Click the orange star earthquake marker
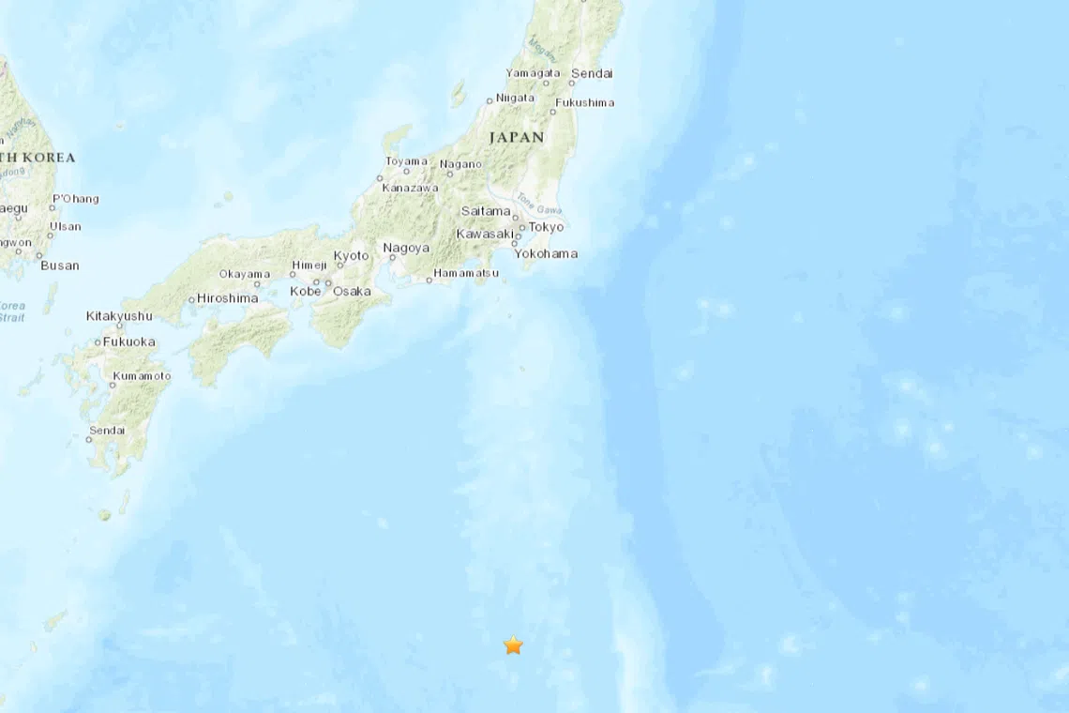(513, 645)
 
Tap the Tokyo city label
(546, 227)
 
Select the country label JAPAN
(516, 137)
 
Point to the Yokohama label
(546, 253)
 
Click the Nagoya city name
(406, 249)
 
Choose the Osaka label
(352, 291)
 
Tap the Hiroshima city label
(227, 298)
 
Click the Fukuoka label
(128, 341)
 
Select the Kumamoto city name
(141, 376)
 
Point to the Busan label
(60, 265)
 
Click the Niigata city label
(515, 98)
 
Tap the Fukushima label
(584, 102)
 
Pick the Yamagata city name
(533, 73)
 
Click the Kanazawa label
(410, 188)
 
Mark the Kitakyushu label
(119, 316)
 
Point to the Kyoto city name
(352, 255)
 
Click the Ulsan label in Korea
(66, 226)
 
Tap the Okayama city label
(244, 274)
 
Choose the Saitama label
(486, 211)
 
